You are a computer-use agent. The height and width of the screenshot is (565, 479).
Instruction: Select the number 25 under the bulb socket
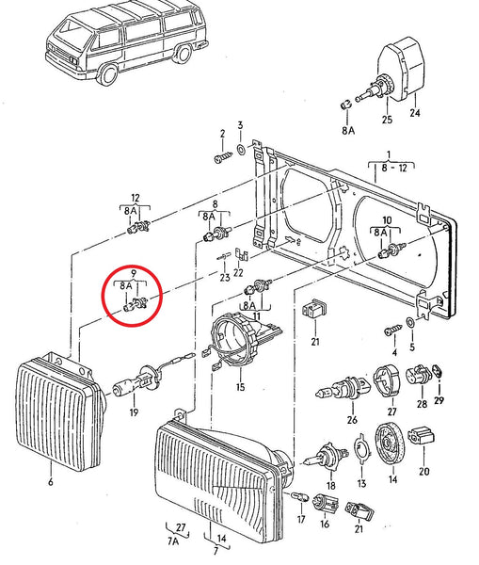385,119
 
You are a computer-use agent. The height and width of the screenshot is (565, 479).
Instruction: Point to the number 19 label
134,412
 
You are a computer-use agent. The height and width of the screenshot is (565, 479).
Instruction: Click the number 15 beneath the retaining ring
239,387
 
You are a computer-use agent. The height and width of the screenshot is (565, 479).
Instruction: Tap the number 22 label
239,273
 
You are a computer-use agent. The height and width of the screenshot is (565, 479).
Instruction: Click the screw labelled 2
223,156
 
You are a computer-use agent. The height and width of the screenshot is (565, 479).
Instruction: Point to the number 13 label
360,483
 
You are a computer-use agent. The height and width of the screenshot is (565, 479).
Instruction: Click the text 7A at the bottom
172,543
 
